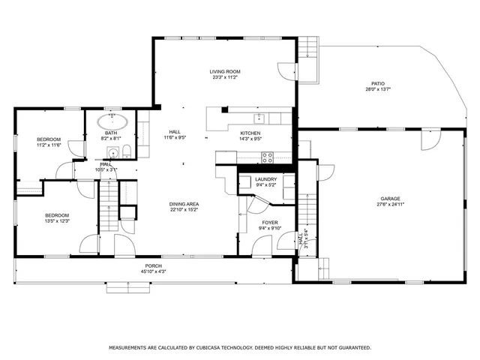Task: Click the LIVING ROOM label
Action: pyautogui.click(x=225, y=72)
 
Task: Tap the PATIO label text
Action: pyautogui.click(x=379, y=83)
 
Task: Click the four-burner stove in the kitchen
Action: pyautogui.click(x=266, y=157)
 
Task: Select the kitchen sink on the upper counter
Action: pyautogui.click(x=259, y=118)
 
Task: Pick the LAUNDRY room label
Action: pyautogui.click(x=266, y=179)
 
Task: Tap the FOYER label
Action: pyautogui.click(x=269, y=223)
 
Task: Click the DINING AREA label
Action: pyautogui.click(x=183, y=204)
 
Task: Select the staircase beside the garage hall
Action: pyautogui.click(x=307, y=213)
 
